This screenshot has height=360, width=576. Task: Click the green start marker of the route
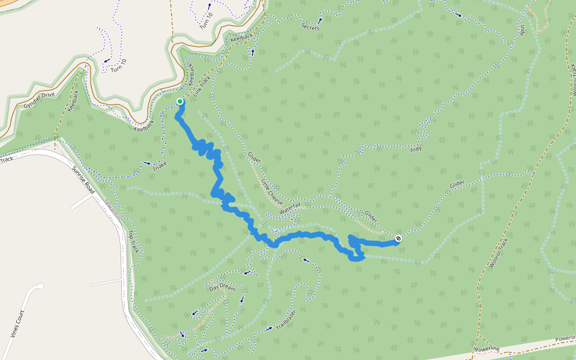point(180,101)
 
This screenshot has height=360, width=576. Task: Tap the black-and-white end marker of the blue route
point(398,239)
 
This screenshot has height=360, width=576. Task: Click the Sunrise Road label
point(83,179)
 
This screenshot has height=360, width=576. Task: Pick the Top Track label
point(133,241)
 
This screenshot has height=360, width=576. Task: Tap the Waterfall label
point(289,208)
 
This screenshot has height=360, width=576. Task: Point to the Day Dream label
point(222,286)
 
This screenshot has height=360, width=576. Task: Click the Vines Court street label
point(17,325)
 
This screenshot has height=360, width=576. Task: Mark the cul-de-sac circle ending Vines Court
point(40,287)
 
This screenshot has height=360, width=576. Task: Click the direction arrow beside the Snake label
point(147,163)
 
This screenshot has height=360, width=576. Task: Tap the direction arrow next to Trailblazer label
point(268,329)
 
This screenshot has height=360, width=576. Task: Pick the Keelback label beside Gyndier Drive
point(74,100)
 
